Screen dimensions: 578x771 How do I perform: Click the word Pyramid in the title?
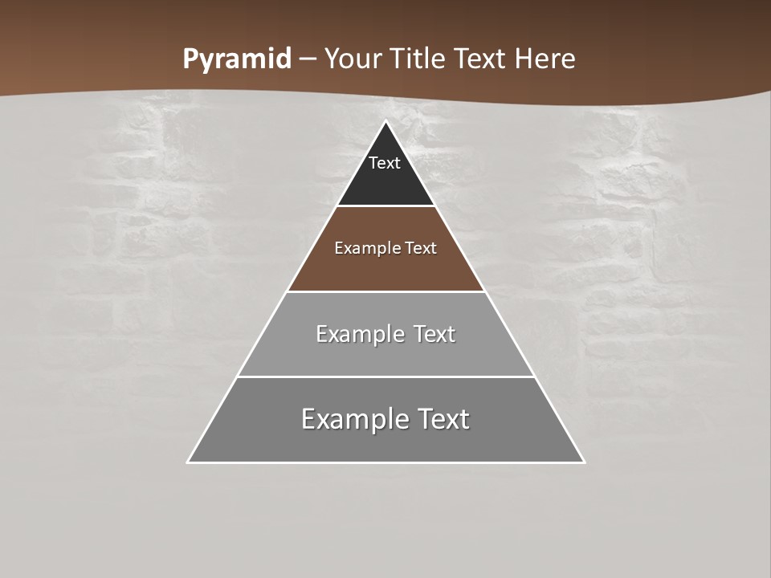click(x=236, y=59)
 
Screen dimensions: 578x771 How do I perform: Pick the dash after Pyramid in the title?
click(x=308, y=59)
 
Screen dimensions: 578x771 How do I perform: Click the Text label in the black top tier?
click(x=385, y=163)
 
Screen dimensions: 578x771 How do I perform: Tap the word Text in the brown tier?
click(x=421, y=248)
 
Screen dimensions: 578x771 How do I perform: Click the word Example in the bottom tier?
click(x=347, y=419)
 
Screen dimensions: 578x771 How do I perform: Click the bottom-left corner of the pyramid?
click(x=188, y=462)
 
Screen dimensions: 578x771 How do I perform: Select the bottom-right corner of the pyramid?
click(x=584, y=462)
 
